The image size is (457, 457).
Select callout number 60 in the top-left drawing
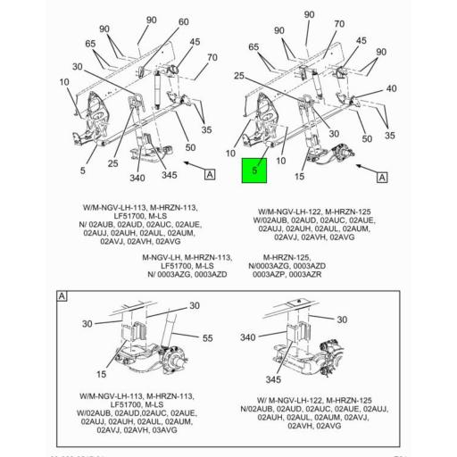(183, 21)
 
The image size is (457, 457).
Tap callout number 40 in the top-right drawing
(391, 88)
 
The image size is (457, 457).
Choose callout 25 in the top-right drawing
(239, 77)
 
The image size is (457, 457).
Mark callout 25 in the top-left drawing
(112, 162)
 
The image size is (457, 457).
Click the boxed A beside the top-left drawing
(210, 174)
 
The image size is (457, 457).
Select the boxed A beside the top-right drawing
(382, 178)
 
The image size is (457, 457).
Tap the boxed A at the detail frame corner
(62, 295)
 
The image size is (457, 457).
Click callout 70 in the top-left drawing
(212, 58)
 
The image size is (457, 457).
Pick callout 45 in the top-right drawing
(361, 41)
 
